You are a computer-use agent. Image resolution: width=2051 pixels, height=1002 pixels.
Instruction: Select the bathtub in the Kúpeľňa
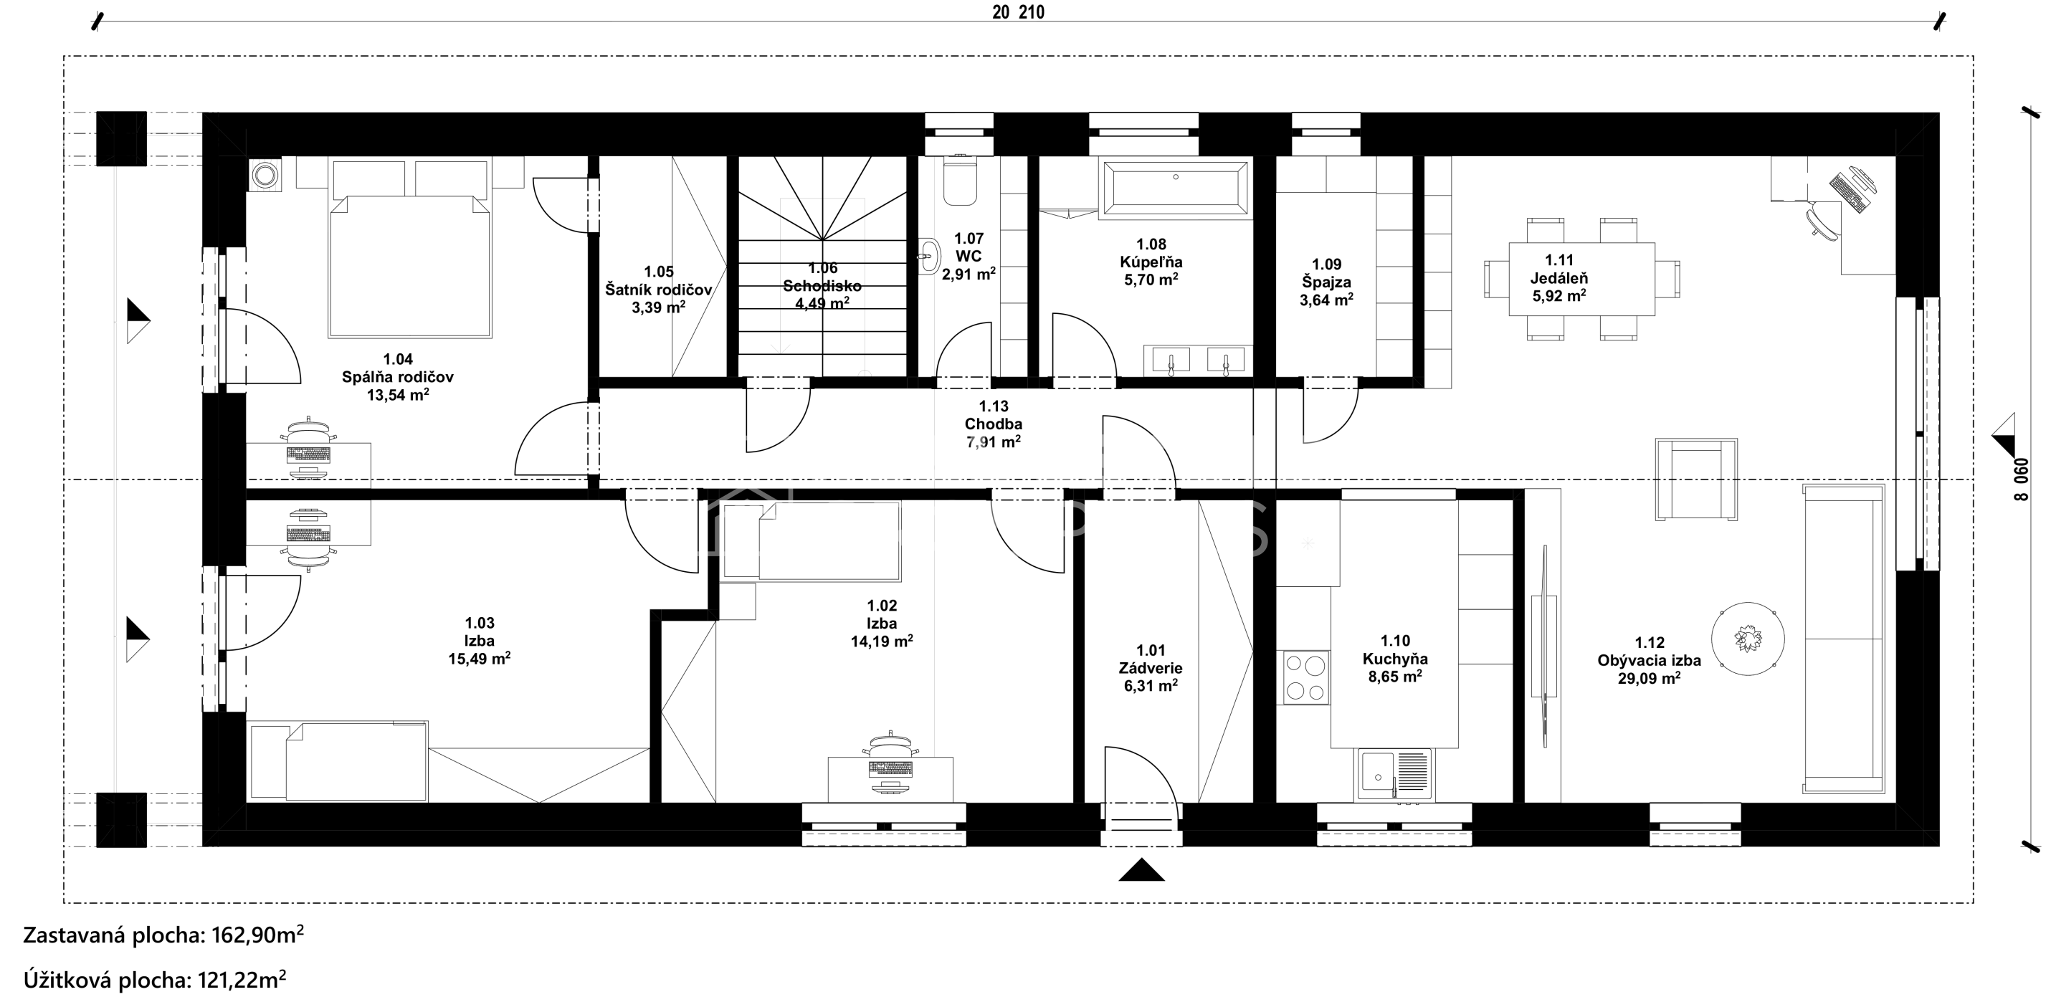1174,188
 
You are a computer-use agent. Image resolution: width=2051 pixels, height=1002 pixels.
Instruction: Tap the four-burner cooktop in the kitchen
1305,677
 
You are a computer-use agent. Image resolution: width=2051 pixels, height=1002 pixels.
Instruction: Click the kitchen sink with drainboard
1395,773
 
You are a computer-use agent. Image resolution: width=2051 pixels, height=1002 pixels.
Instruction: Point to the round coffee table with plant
1748,639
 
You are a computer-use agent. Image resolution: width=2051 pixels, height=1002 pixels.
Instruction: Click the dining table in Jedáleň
1582,279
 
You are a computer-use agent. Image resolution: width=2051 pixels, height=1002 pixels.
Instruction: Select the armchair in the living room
1696,479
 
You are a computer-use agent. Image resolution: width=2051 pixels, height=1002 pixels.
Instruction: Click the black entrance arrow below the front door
1141,870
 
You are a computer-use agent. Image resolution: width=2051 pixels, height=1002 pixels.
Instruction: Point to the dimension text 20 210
1019,12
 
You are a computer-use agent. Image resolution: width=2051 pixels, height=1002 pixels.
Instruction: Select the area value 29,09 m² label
1649,679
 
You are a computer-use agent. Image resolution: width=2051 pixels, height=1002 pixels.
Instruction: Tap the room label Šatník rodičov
658,290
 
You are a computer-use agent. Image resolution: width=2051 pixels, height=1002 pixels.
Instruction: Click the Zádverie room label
1151,669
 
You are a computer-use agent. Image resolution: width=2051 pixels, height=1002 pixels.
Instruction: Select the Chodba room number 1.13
993,406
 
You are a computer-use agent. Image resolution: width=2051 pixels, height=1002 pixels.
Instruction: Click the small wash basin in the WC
929,257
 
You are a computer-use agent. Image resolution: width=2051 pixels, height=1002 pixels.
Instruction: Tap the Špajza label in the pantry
1326,282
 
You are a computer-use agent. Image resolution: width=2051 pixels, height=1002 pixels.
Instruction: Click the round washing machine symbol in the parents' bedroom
265,174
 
